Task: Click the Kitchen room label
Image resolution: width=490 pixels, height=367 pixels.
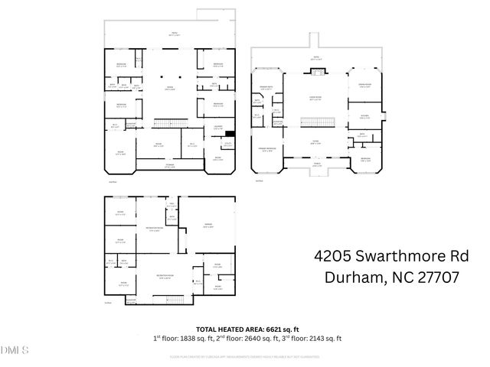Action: point(365,117)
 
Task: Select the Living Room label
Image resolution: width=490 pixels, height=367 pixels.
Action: point(314,99)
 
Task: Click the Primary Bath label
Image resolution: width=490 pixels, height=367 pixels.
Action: point(267,88)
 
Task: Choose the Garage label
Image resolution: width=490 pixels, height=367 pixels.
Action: point(207,226)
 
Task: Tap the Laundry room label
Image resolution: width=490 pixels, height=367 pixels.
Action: point(218,127)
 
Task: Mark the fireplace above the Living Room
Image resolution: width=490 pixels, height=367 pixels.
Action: point(315,73)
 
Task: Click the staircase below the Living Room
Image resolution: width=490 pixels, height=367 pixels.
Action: point(314,122)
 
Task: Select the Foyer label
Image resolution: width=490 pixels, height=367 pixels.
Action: point(315,142)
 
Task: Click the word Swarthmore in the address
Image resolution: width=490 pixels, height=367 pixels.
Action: point(386,256)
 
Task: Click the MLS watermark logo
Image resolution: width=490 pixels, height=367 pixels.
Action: point(14,351)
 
